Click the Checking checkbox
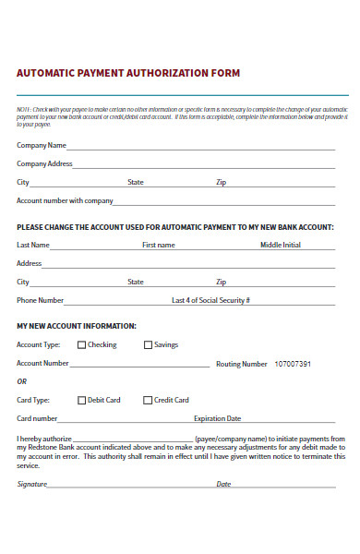81,345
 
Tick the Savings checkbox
148,345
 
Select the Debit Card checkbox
81,401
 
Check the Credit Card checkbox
148,401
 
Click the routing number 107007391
293,364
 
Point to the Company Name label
42,145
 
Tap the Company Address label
44,163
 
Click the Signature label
31,484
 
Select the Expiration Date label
217,418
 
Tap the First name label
158,245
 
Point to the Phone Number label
41,300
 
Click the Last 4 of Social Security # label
211,300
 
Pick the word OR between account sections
22,381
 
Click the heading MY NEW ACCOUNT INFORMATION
77,326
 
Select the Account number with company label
65,200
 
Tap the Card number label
38,418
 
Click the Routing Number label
242,364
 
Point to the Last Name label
33,245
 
